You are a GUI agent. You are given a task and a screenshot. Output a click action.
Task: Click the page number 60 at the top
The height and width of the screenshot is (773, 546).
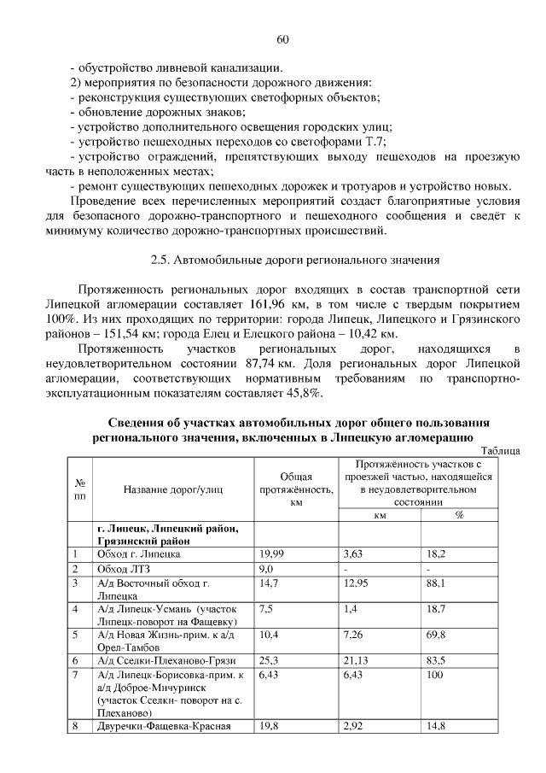coord(283,39)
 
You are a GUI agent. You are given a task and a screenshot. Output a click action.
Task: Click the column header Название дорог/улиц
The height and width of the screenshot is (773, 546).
coord(173,489)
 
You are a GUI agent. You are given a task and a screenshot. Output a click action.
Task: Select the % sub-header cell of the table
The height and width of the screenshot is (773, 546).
coord(459,516)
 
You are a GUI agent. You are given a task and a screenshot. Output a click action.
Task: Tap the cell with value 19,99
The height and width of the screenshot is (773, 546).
coord(271,554)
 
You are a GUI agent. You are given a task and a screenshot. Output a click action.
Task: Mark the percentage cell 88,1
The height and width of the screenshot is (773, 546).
coord(438,583)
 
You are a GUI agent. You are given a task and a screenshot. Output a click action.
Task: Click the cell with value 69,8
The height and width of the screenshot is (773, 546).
coord(439,636)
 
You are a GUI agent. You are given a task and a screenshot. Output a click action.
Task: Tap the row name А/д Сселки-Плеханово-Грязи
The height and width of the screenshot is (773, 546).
coord(166,662)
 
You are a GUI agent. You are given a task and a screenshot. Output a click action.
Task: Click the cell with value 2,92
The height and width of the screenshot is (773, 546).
coord(353,727)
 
